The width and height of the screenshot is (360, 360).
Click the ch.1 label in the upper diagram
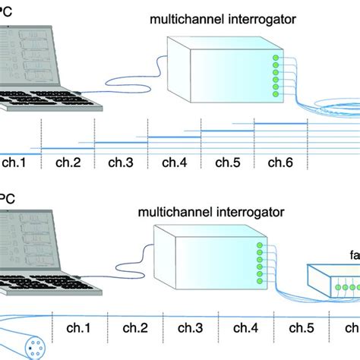[x=14, y=162]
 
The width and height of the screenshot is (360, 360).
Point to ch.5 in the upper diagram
[x=228, y=162]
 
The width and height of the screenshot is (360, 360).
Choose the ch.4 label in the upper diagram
[x=175, y=162]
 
